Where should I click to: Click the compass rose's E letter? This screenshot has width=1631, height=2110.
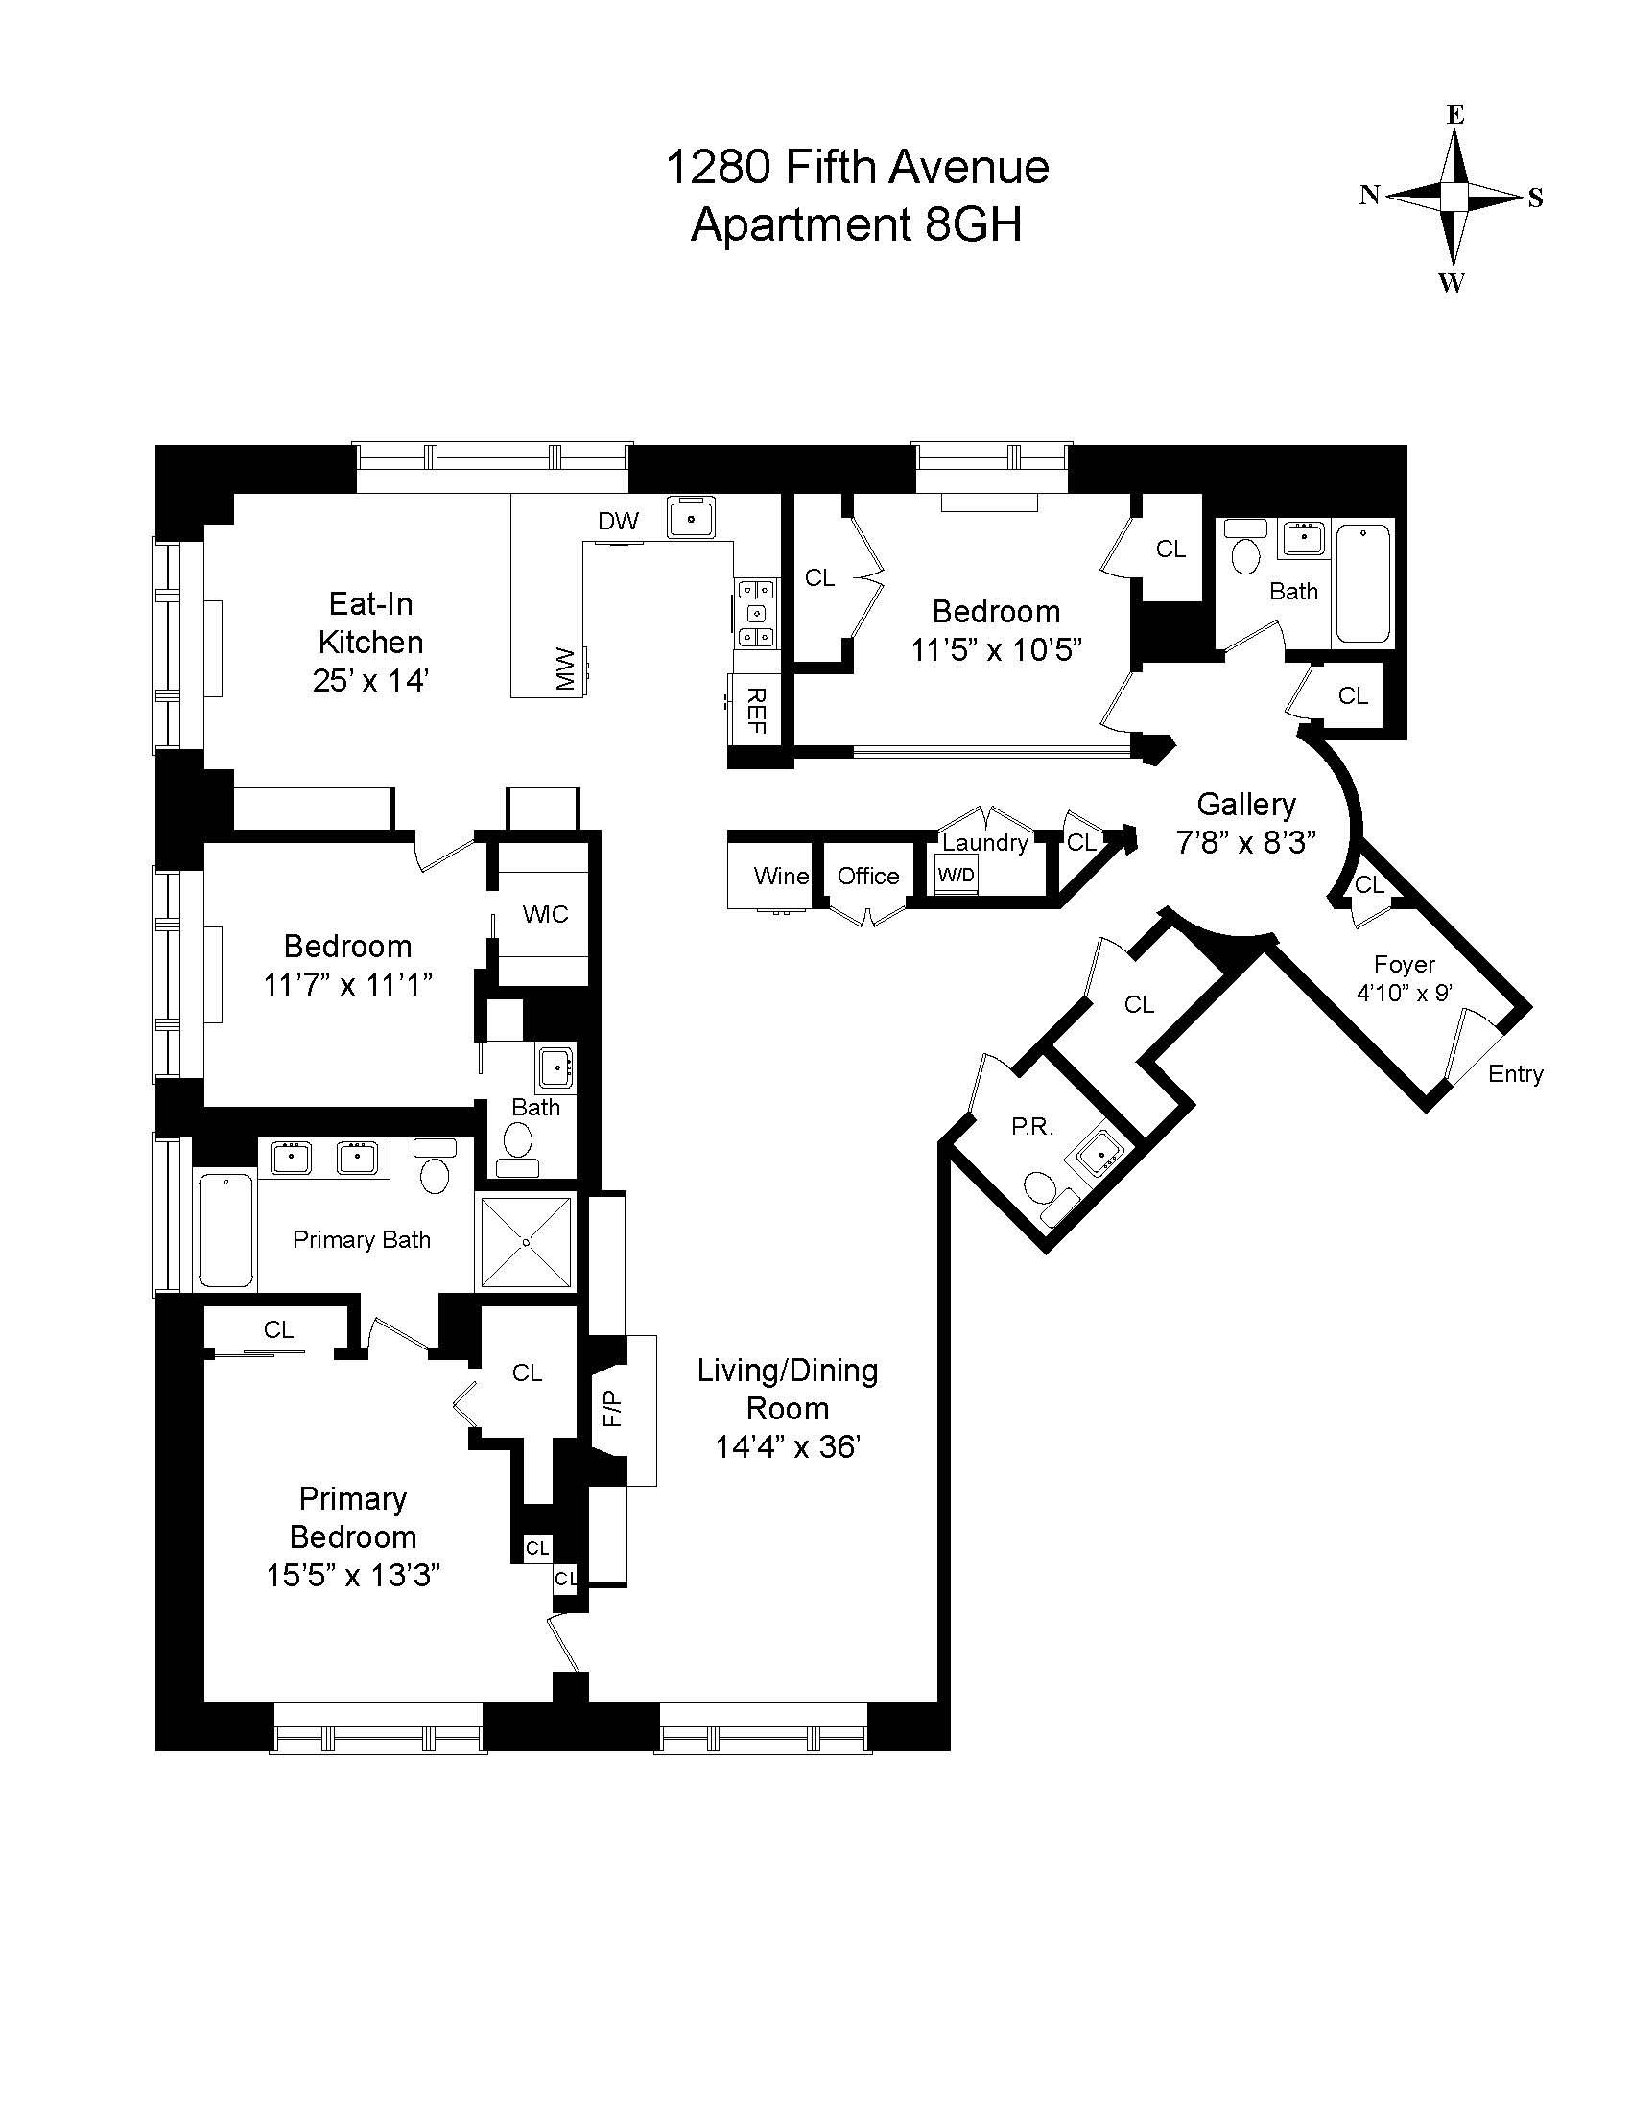click(x=1455, y=115)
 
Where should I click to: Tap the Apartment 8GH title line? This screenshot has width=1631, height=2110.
click(x=856, y=226)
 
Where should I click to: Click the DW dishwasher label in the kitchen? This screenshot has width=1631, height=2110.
click(x=619, y=522)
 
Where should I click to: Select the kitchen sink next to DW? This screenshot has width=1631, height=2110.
click(x=692, y=518)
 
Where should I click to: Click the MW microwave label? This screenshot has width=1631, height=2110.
click(x=564, y=668)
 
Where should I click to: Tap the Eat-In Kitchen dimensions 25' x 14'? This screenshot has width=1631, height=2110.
click(x=370, y=680)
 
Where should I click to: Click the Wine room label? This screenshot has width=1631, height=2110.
click(x=781, y=877)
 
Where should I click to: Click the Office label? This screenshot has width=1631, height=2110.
click(x=867, y=877)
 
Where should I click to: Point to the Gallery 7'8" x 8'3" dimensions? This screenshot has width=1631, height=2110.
click(x=1245, y=842)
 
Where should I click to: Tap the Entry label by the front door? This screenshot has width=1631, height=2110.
click(x=1515, y=1074)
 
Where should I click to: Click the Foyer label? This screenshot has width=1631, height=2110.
click(x=1405, y=964)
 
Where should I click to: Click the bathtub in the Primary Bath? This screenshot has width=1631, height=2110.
click(x=226, y=1230)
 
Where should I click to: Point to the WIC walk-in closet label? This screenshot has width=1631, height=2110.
click(x=545, y=914)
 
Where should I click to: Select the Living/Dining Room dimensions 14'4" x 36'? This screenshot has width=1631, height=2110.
click(x=788, y=1447)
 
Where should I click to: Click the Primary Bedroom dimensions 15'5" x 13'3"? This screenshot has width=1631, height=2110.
click(x=353, y=1576)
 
